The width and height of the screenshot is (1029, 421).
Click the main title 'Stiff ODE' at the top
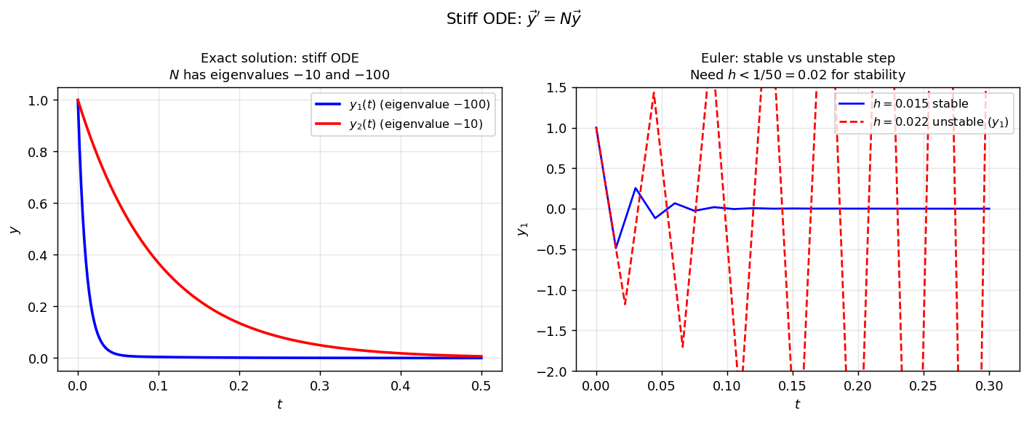[x=513, y=20]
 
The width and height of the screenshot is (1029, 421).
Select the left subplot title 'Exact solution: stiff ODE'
[x=279, y=58]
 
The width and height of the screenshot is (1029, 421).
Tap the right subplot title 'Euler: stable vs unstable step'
[x=797, y=58]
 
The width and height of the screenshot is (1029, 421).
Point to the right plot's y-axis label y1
[x=521, y=230]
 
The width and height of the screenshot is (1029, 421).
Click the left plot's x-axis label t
[x=279, y=404]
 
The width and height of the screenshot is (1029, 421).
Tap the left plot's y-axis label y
[x=14, y=230]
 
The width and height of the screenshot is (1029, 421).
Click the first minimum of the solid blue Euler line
[x=616, y=248]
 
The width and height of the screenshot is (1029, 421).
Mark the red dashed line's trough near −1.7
[x=682, y=347]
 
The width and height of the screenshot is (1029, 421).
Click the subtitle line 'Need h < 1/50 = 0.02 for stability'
[x=797, y=74]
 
